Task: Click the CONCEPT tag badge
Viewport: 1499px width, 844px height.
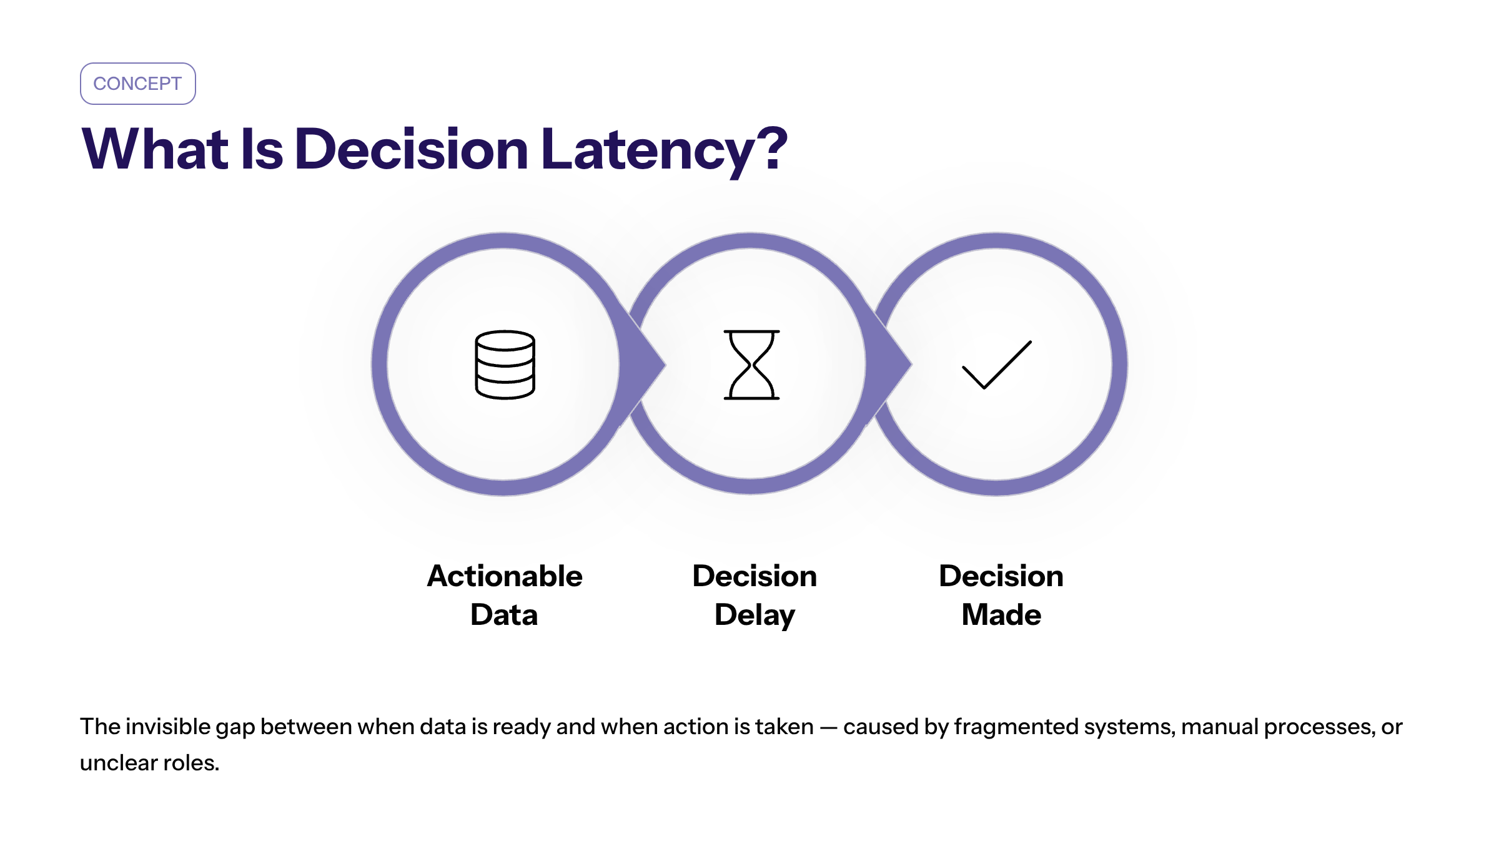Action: coord(138,84)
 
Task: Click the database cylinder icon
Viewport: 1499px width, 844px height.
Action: coord(505,365)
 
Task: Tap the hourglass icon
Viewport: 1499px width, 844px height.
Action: coord(751,365)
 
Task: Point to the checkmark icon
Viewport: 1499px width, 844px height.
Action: coord(997,365)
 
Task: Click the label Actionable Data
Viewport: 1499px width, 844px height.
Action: coord(505,595)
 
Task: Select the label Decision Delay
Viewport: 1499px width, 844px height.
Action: coord(754,596)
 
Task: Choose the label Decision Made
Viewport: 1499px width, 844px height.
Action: coord(1001,595)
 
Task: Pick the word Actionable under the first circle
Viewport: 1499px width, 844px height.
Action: coord(505,576)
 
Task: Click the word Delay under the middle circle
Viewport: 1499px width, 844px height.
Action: coord(754,616)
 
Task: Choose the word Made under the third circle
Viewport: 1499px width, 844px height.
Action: coord(1001,615)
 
